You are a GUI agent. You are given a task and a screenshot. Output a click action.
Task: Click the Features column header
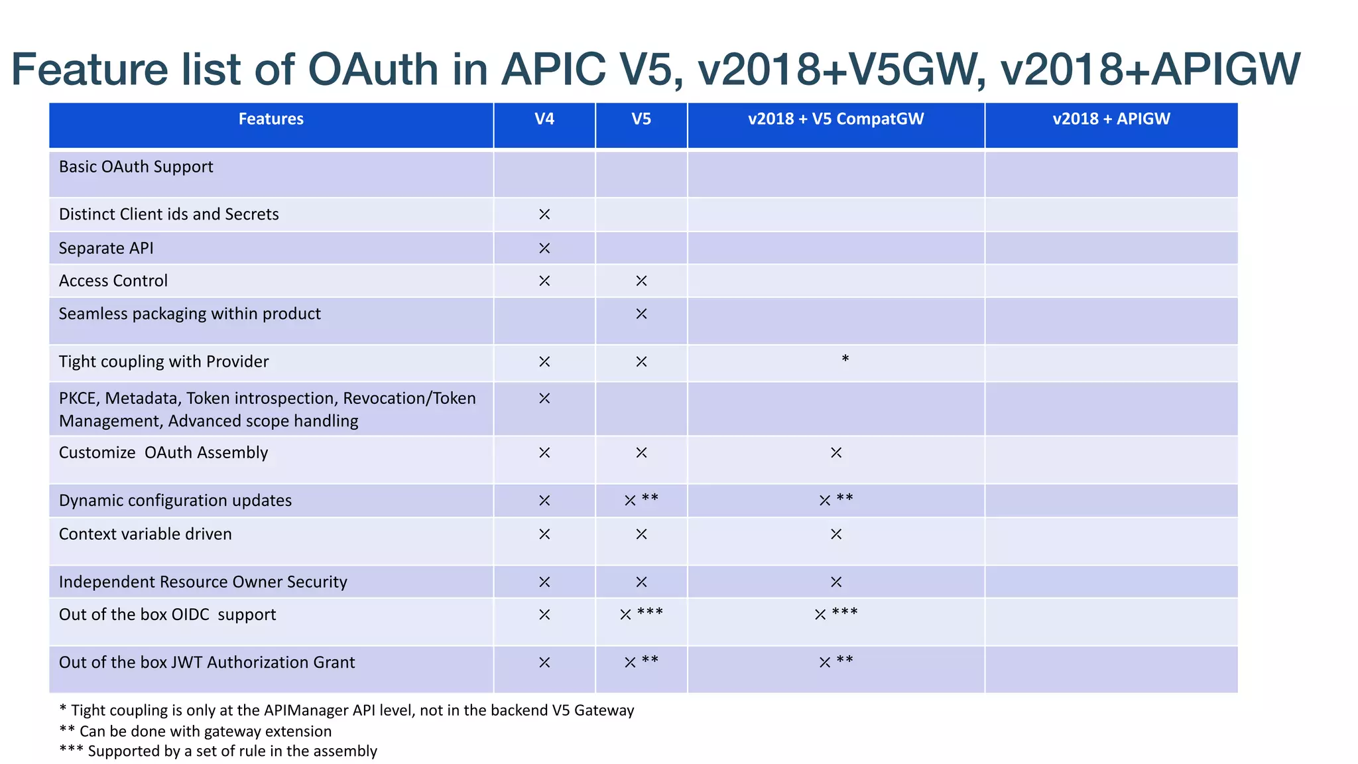[x=271, y=119]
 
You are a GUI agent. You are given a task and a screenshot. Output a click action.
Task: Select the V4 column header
[x=544, y=119]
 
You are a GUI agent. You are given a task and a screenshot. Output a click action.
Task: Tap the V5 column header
[x=641, y=119]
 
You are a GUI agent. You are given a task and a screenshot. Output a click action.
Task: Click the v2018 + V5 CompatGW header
[x=835, y=119]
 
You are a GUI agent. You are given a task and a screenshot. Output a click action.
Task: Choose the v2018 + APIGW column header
[x=1111, y=119]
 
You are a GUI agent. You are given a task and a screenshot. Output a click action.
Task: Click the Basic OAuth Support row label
[x=136, y=167]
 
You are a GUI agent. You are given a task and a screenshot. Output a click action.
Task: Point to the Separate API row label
[x=106, y=249]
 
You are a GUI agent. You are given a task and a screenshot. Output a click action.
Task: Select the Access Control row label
[x=113, y=281]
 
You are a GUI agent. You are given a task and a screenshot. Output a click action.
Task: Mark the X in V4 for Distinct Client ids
[x=544, y=215]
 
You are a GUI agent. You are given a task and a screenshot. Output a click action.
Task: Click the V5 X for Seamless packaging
[x=641, y=314]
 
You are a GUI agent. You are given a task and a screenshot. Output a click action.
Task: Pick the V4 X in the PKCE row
[x=544, y=399]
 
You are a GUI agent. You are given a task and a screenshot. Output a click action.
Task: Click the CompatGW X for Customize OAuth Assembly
[x=836, y=453]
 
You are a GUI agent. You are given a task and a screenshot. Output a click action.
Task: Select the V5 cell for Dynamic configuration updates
[x=641, y=500]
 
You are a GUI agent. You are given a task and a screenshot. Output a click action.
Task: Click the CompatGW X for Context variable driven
[x=836, y=535]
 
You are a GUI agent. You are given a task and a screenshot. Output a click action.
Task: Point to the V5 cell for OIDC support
[x=641, y=614]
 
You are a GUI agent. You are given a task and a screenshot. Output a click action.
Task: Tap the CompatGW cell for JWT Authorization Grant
[x=835, y=662]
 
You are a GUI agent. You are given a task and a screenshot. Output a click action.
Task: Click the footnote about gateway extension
[x=196, y=732]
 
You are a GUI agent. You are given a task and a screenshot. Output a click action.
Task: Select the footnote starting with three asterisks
[x=218, y=751]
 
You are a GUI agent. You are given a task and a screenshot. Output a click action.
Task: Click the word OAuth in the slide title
[x=373, y=70]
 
